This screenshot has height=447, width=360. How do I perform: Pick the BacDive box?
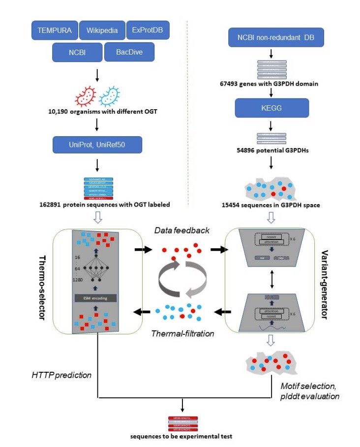(x=129, y=52)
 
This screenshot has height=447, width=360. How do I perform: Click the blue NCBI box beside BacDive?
(x=77, y=52)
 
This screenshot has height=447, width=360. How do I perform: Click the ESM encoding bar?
(x=96, y=298)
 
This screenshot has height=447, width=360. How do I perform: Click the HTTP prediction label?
(x=61, y=374)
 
